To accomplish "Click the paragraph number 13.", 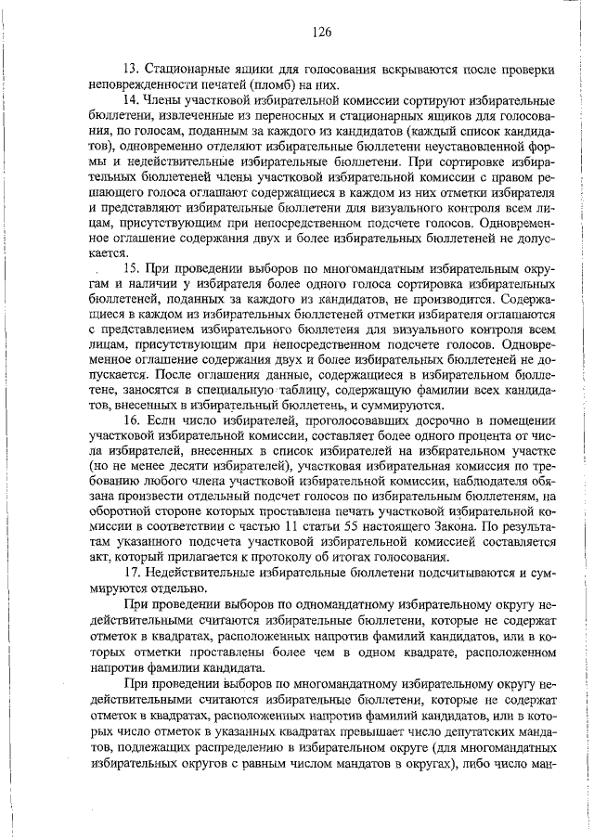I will pyautogui.click(x=130, y=70).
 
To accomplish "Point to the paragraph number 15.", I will pyautogui.click(x=131, y=267).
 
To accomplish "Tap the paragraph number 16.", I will pyautogui.click(x=131, y=420).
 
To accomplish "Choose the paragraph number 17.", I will pyautogui.click(x=131, y=574).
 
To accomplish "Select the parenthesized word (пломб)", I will pyautogui.click(x=311, y=84).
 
